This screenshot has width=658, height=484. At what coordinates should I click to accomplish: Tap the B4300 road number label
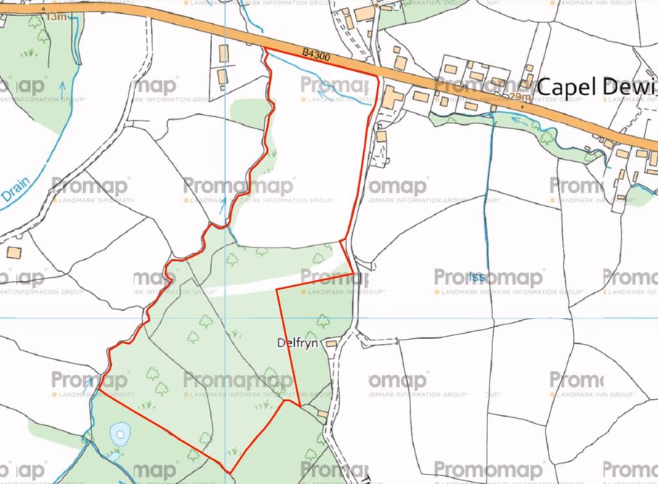click(x=316, y=54)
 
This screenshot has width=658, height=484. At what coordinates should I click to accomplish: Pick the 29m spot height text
click(x=520, y=97)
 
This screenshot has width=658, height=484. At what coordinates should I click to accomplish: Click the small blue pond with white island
click(x=118, y=436)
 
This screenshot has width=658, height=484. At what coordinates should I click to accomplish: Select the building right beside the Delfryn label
click(x=331, y=343)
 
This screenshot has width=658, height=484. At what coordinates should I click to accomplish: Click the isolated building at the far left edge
click(x=12, y=252)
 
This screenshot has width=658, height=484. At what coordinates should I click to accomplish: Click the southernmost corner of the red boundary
click(x=229, y=472)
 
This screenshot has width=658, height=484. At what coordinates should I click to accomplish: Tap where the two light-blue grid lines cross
click(x=226, y=318)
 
